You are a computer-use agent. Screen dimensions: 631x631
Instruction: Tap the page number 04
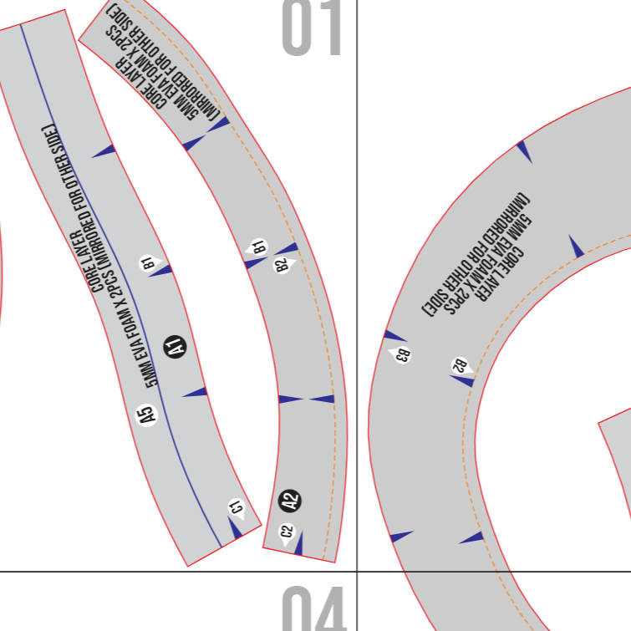pyautogui.click(x=313, y=608)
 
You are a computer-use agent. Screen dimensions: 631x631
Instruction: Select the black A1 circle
pyautogui.click(x=175, y=345)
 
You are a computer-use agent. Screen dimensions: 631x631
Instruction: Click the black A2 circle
pyautogui.click(x=290, y=501)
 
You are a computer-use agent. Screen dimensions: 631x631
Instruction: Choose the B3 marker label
pyautogui.click(x=403, y=354)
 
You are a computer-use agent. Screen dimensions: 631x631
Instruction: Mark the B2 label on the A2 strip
pyautogui.click(x=282, y=265)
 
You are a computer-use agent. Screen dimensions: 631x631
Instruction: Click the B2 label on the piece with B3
pyautogui.click(x=460, y=365)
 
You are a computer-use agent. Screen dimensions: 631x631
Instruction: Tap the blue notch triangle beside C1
pyautogui.click(x=234, y=528)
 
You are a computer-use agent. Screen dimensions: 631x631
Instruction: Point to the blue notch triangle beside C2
pyautogui.click(x=299, y=543)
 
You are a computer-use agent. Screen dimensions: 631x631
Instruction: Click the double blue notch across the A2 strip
pyautogui.click(x=306, y=399)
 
